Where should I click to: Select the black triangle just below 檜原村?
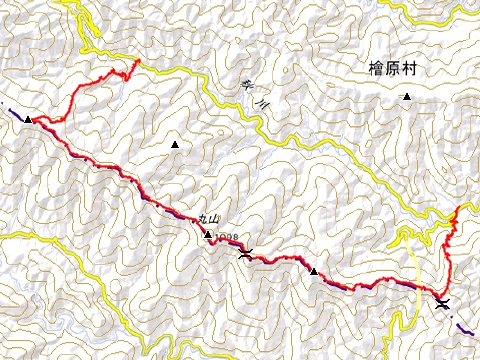pyautogui.click(x=407, y=97)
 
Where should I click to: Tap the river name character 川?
pyautogui.click(x=262, y=102)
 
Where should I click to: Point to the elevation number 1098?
pyautogui.click(x=225, y=237)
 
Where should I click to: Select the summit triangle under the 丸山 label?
pyautogui.click(x=208, y=235)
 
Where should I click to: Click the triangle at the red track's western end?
pyautogui.click(x=29, y=119)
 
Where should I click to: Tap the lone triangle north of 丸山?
pyautogui.click(x=176, y=146)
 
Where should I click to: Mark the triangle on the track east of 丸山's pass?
pyautogui.click(x=314, y=271)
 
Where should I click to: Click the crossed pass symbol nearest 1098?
pyautogui.click(x=246, y=253)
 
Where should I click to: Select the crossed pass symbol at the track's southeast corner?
pyautogui.click(x=442, y=303)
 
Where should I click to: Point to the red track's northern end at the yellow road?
pyautogui.click(x=137, y=62)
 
